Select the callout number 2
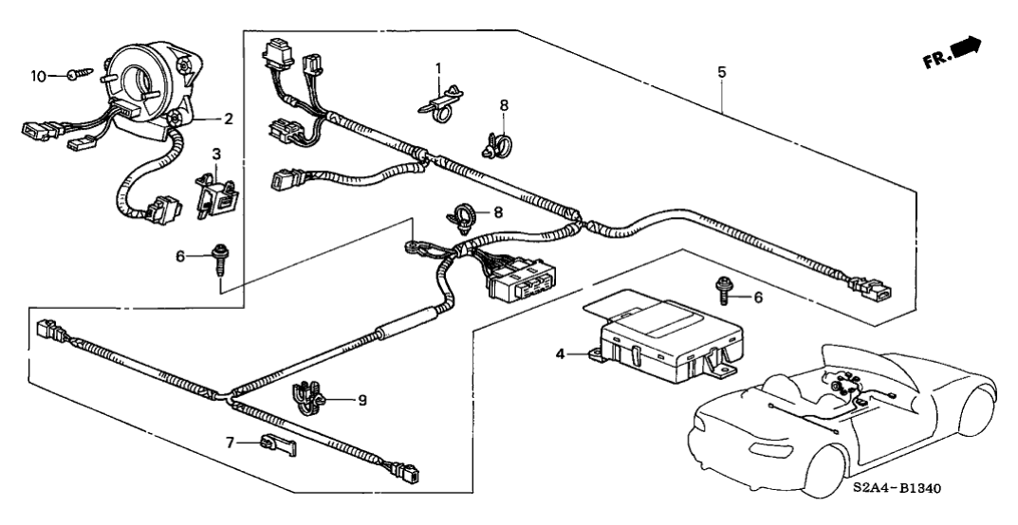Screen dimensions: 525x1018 tap(228, 119)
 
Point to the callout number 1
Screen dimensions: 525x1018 tap(438, 68)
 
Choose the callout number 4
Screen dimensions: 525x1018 tap(560, 353)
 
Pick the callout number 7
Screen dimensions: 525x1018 tap(230, 442)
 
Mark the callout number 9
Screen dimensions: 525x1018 tap(361, 400)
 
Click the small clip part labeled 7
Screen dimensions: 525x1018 tap(276, 443)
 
